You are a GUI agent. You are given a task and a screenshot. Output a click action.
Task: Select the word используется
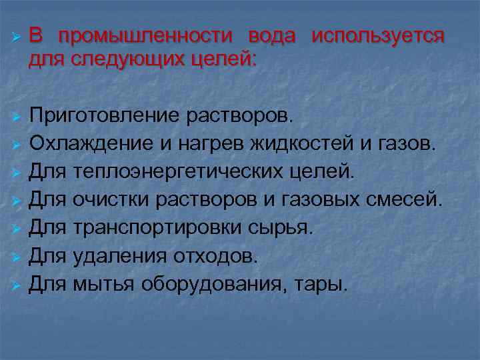[377, 37]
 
